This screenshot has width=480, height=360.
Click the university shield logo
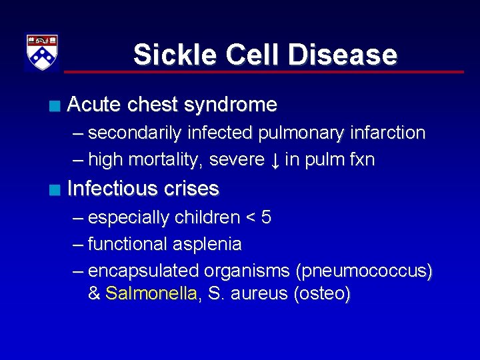(42, 52)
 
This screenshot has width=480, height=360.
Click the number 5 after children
(266, 218)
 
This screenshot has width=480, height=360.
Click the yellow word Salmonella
(151, 293)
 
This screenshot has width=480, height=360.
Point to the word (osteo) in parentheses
(321, 293)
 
